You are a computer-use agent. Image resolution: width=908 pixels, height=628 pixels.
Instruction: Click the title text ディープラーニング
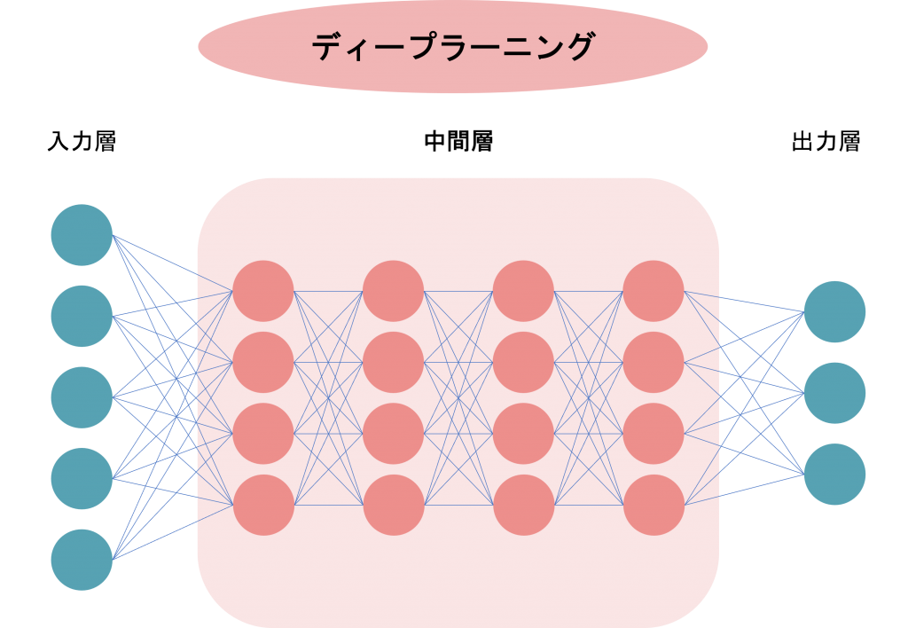click(453, 46)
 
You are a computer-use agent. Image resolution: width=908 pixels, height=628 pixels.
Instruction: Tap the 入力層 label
click(82, 141)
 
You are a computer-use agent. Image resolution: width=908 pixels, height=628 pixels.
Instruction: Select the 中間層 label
click(458, 141)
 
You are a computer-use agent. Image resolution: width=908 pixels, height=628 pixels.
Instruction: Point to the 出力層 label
click(826, 141)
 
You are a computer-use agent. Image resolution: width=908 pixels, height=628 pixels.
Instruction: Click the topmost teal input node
click(82, 235)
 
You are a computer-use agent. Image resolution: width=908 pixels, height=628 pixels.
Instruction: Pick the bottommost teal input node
click(82, 560)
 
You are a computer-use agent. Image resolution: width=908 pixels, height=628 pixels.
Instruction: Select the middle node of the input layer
click(82, 397)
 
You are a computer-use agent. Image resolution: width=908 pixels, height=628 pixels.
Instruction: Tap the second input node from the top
click(82, 317)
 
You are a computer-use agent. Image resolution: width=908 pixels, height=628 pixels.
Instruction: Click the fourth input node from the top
click(82, 478)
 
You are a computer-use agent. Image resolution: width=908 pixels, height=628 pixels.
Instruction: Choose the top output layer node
click(834, 311)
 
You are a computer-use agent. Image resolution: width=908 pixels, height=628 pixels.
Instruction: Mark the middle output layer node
click(834, 393)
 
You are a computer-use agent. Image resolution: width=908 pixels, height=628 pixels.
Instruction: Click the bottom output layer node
click(834, 474)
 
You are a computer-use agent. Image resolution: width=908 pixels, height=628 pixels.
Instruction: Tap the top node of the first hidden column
click(262, 291)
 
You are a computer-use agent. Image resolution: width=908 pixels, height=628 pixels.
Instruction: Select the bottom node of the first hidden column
click(262, 506)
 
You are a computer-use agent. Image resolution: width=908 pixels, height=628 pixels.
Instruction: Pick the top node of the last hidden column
click(654, 291)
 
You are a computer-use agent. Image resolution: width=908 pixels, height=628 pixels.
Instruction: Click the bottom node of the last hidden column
click(654, 506)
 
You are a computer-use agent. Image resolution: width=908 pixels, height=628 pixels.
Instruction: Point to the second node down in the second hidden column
click(393, 362)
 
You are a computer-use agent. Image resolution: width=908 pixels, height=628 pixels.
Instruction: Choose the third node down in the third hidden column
click(523, 434)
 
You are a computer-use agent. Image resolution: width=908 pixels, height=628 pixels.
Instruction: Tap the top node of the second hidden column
click(393, 291)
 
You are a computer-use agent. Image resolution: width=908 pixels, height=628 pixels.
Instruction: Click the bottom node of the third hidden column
click(523, 506)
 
